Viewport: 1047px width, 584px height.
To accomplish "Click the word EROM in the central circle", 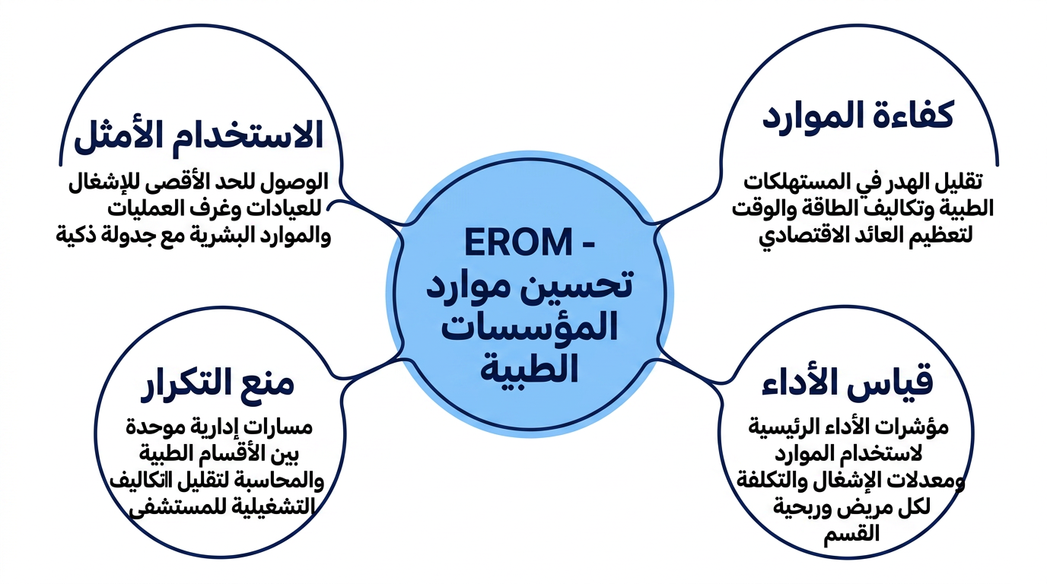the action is [x=518, y=242].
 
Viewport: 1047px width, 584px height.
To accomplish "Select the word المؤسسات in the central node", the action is [x=530, y=326].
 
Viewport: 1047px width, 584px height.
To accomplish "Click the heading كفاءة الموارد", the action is [x=858, y=115].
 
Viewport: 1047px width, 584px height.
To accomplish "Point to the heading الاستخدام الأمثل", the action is [x=199, y=135].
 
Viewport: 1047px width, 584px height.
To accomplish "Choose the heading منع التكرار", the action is [x=218, y=384].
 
